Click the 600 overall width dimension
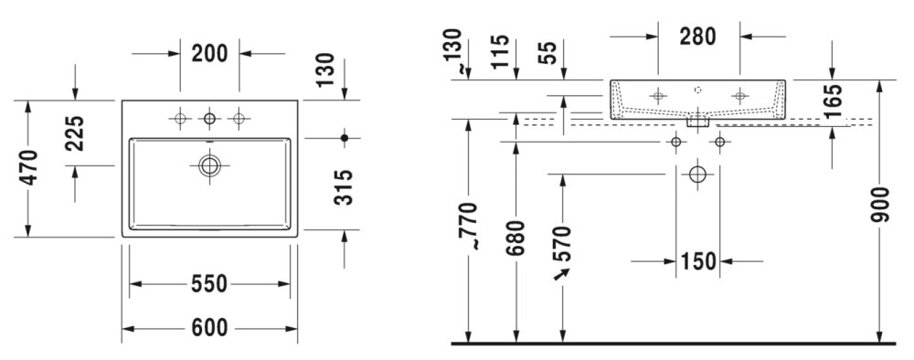click(210, 328)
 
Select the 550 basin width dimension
click(209, 283)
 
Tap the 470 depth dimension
click(28, 168)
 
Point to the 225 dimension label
click(75, 133)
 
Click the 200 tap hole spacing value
click(210, 54)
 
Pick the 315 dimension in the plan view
click(344, 187)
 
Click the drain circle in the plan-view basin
click(209, 165)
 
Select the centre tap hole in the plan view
click(209, 119)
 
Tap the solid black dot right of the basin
click(345, 138)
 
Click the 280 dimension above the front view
click(697, 37)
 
